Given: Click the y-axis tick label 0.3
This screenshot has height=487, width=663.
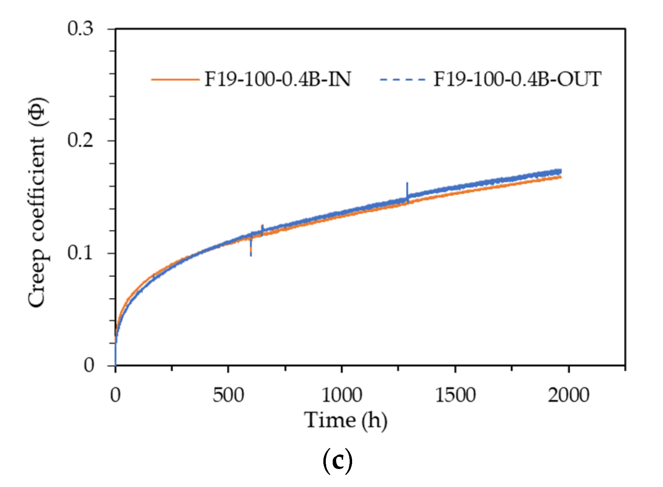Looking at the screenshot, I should tap(80, 29).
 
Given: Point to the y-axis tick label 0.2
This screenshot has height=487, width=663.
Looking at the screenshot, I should tap(80, 140).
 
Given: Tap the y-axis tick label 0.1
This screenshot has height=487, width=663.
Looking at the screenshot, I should tap(80, 253).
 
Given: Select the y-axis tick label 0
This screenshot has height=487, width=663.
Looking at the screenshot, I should tap(89, 365).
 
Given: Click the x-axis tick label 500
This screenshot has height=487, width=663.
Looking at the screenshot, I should tap(228, 395).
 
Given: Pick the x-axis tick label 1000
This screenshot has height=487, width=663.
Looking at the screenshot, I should tap(342, 395).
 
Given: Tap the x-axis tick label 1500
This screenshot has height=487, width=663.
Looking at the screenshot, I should tap(455, 395).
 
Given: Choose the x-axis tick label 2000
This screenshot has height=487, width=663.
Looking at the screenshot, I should tap(568, 395).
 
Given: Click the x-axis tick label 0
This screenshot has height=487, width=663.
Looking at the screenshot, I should tap(115, 395).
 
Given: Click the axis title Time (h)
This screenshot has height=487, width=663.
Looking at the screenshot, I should tap(346, 421).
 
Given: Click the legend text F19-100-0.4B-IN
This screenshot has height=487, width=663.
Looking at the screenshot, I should tap(278, 79).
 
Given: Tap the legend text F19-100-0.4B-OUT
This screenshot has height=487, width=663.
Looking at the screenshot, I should tap(517, 79).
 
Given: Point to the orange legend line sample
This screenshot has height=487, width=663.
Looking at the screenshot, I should tap(175, 80).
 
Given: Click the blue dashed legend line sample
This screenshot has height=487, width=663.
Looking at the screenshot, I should tap(402, 80).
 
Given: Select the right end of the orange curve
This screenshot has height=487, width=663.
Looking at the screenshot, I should tap(560, 177).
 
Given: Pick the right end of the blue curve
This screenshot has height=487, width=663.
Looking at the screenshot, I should tap(560, 171).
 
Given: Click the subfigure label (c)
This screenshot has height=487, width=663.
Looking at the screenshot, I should tap(338, 461).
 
